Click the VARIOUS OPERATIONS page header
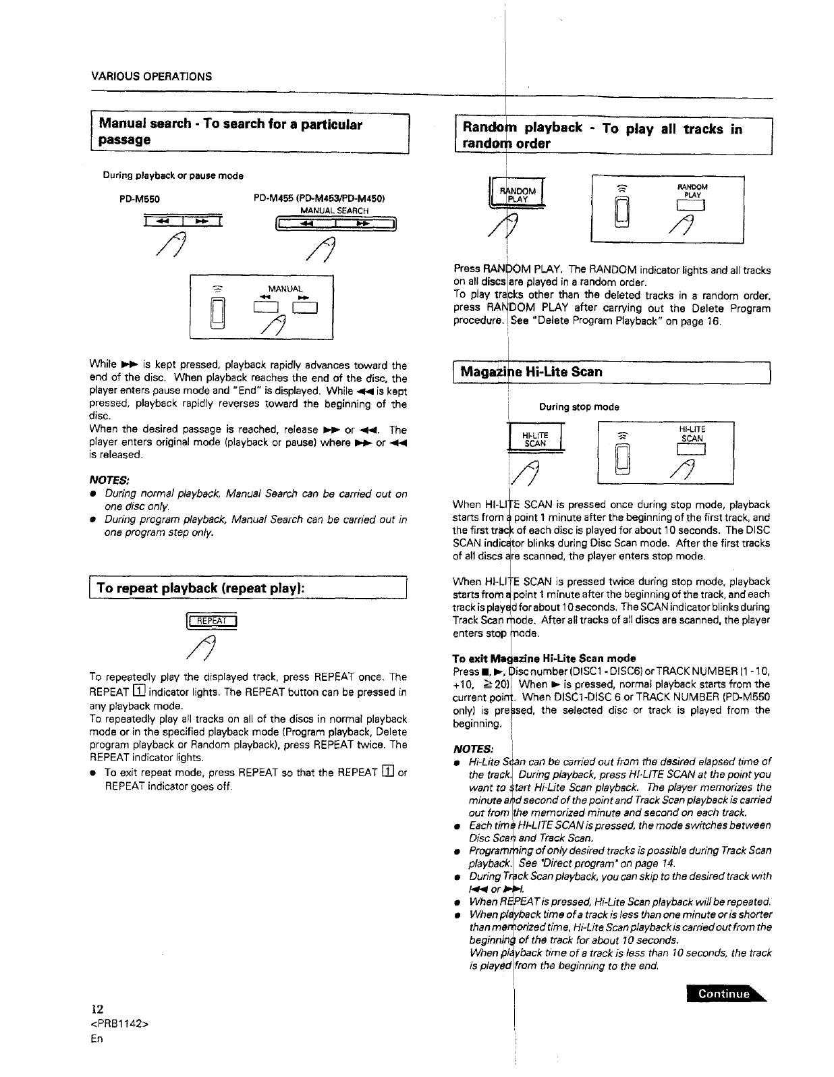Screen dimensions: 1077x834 click(151, 76)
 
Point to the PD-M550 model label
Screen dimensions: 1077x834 click(140, 199)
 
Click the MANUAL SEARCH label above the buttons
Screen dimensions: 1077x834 click(334, 211)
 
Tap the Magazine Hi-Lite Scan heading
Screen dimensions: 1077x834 click(531, 372)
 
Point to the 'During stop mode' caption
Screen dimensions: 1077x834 click(579, 407)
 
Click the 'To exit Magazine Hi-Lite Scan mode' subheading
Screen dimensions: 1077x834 click(544, 658)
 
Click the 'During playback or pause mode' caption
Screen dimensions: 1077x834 click(163, 175)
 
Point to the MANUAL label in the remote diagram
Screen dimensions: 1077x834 click(285, 289)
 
